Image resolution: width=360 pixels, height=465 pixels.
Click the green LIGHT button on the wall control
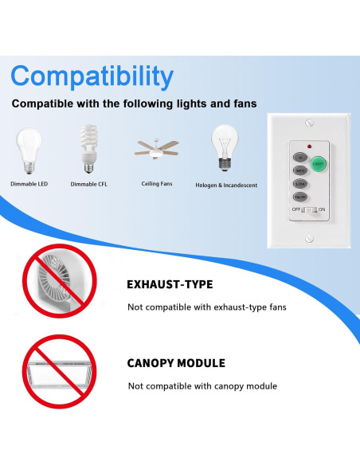[319, 163]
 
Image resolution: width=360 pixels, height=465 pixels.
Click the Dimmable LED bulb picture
[29, 150]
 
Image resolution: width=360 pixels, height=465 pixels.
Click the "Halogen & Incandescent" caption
[226, 186]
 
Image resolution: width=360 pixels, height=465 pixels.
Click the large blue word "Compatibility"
[92, 76]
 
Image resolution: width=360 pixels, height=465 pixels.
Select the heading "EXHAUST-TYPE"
[170, 284]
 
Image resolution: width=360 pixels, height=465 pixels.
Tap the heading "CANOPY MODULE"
[176, 363]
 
